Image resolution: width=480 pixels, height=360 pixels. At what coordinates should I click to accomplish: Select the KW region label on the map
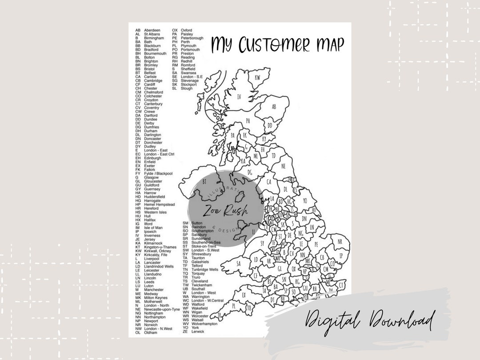257,77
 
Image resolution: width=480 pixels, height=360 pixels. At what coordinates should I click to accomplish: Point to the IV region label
239,96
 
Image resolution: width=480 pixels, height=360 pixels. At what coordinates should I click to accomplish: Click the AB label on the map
274,107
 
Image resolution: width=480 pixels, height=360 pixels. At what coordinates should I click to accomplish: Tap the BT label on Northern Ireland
204,181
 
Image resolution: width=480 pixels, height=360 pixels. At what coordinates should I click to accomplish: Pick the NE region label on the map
284,166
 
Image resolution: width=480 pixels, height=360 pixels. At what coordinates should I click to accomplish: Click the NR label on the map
340,241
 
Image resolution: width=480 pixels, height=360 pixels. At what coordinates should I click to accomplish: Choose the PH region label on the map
248,120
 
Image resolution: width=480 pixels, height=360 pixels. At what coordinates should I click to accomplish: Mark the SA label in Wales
239,263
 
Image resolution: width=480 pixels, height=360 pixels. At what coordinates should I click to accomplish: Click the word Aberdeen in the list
152,30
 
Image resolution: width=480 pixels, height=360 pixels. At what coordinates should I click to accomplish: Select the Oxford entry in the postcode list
186,30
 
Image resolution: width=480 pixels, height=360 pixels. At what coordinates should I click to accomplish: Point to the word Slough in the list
187,88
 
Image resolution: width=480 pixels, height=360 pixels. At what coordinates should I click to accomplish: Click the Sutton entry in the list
197,223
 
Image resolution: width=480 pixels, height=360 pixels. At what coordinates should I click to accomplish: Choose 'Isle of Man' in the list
153,228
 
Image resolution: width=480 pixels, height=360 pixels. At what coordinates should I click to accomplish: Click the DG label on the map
250,172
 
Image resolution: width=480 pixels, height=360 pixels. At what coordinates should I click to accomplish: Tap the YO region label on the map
305,201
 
